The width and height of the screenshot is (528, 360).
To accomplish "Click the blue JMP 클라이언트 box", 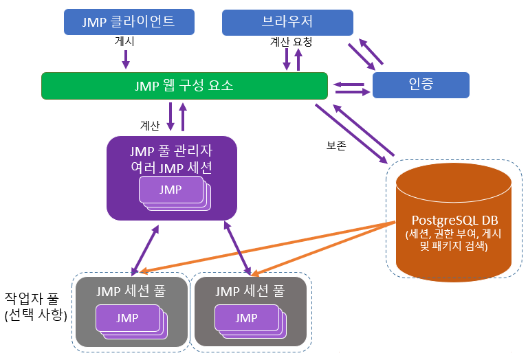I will [129, 22].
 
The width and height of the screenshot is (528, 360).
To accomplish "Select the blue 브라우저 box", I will [287, 22].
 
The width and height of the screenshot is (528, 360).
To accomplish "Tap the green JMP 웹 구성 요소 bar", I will [184, 86].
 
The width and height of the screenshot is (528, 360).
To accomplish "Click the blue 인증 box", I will [420, 85].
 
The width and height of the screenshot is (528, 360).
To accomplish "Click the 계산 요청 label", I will [291, 43].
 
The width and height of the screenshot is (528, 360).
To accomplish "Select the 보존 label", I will [336, 146].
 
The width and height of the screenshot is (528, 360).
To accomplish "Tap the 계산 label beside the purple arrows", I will [150, 126].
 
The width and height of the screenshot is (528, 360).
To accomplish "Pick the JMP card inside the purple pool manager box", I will [171, 189].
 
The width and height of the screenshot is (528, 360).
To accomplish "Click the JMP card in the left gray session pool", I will [127, 318].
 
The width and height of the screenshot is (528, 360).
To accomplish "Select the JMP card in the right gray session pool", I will [246, 318].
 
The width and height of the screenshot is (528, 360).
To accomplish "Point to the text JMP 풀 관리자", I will [171, 151].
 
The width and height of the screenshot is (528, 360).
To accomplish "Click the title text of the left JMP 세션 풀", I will [131, 291].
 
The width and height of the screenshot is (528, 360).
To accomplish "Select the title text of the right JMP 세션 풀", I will [250, 291].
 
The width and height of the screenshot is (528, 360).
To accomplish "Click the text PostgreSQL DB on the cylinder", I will [454, 221].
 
